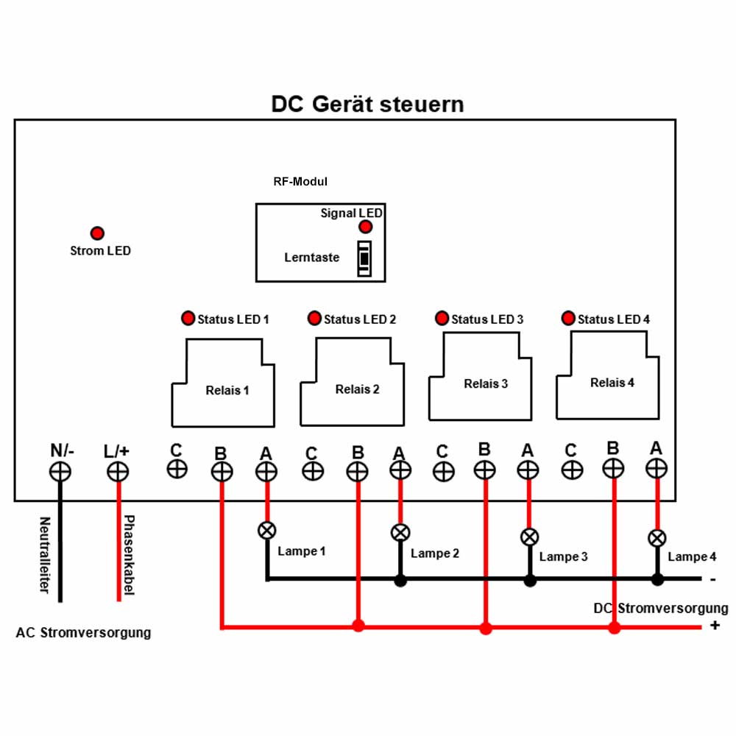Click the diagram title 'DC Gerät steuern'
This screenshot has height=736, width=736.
(367, 105)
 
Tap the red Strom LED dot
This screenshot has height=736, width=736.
(97, 233)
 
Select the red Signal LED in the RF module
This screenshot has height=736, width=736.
(365, 227)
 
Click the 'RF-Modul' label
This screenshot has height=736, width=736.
(300, 182)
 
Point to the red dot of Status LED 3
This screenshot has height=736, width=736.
(442, 318)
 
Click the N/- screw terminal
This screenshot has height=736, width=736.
(60, 472)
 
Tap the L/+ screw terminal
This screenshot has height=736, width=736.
(118, 472)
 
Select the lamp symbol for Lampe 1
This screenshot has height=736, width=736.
(267, 531)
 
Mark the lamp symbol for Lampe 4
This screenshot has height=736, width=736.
(657, 539)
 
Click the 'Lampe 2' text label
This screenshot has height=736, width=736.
(435, 554)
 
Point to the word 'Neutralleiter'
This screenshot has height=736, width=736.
(45, 555)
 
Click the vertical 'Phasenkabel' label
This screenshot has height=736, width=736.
(129, 555)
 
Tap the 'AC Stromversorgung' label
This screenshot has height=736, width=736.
(84, 633)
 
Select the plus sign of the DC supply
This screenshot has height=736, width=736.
(715, 626)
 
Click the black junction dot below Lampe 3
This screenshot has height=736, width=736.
(530, 581)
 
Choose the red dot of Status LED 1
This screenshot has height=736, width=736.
(188, 318)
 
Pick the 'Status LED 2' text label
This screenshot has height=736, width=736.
(360, 319)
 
